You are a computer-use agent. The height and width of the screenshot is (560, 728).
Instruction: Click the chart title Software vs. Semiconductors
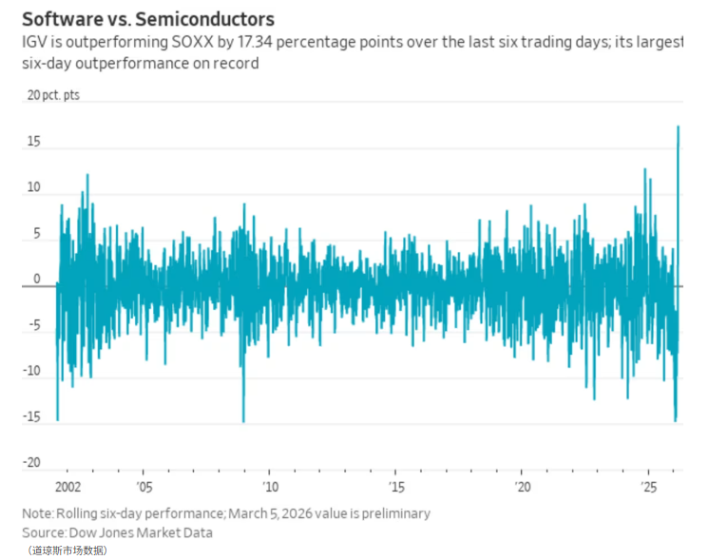(147, 19)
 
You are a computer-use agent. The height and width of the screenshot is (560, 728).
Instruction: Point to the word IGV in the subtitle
(35, 43)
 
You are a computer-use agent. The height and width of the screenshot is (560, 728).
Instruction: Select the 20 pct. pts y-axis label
(53, 96)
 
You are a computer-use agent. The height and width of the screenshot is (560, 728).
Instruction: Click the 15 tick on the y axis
(33, 142)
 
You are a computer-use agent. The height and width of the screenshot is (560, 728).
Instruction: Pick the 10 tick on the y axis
(33, 188)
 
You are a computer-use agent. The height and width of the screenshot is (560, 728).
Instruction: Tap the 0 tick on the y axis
(37, 280)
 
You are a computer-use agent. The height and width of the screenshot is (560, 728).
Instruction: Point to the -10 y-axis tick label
(31, 372)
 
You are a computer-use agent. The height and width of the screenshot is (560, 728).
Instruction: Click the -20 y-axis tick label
(31, 463)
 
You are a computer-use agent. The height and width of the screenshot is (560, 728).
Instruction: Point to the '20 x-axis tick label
(523, 487)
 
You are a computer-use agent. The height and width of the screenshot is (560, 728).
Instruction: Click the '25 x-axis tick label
(650, 487)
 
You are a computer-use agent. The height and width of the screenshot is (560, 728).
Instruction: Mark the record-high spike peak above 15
(678, 127)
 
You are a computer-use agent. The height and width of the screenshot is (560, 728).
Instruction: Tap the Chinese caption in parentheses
(67, 550)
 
